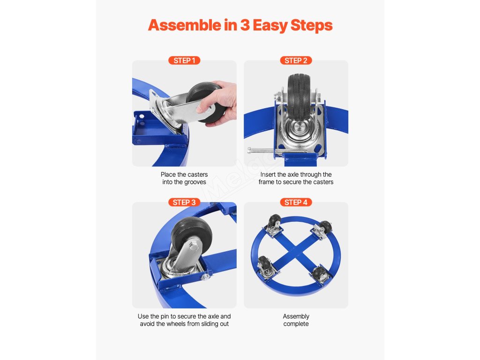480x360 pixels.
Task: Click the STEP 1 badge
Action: point(184,60)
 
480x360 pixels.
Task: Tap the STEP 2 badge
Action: point(296,60)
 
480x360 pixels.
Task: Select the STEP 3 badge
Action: point(184,202)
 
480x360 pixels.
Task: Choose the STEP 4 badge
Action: point(296,202)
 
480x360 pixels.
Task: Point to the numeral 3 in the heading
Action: point(245,25)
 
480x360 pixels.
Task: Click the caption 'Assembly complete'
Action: point(296,320)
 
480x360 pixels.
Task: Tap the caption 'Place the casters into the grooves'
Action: point(184,178)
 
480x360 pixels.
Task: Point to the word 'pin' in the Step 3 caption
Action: point(166,316)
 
